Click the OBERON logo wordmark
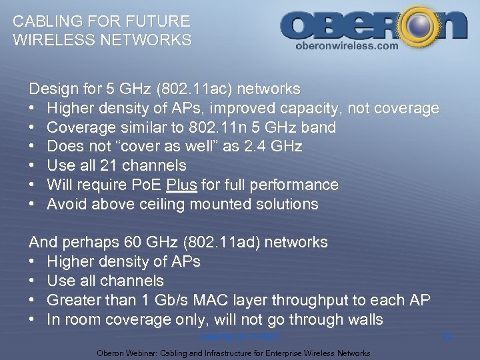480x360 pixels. point(373,25)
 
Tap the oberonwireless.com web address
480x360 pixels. point(346,46)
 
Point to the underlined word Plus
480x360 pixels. point(183,185)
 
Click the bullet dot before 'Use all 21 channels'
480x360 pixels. point(32,165)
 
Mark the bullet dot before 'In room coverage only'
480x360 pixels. point(32,320)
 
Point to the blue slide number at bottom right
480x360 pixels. point(447,337)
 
